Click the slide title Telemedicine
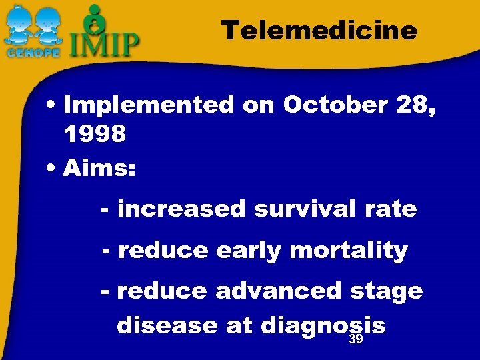(x=319, y=31)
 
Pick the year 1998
(x=95, y=135)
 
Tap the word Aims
(x=99, y=168)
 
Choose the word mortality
(x=348, y=251)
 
